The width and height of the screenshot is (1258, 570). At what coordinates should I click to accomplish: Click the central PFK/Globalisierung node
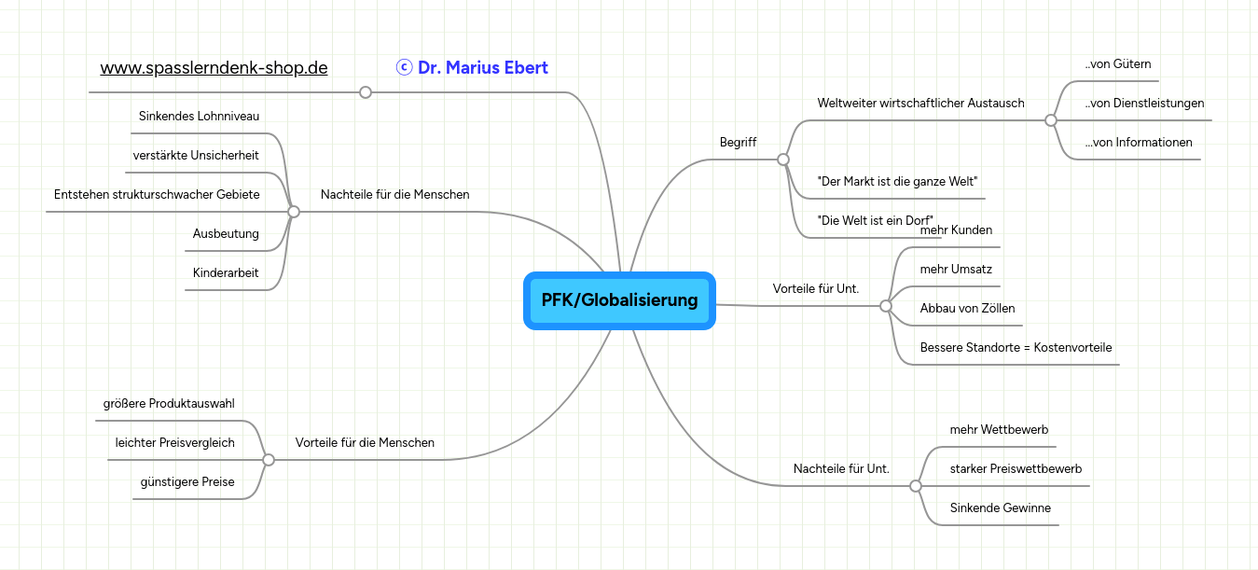tap(619, 300)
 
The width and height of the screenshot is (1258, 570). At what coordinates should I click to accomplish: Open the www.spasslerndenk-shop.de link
tap(214, 68)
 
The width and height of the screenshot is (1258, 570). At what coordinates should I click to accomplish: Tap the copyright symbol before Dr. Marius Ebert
tap(405, 67)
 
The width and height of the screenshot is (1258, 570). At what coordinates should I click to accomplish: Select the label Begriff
tap(738, 142)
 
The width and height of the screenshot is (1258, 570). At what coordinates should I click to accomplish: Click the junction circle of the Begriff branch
tap(783, 160)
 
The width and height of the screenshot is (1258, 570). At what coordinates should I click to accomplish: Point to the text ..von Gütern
tap(1118, 64)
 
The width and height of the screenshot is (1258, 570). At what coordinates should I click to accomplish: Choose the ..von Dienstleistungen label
tap(1144, 104)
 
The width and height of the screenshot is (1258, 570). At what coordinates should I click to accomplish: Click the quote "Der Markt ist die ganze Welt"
tap(897, 181)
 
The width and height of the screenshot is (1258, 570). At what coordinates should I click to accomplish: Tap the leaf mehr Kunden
tap(956, 229)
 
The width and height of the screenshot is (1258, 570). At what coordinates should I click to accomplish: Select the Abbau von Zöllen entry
tap(967, 308)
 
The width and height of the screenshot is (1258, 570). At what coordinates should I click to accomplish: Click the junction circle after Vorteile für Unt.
tap(886, 306)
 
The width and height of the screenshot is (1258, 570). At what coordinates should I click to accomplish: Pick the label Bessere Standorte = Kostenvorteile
tap(1016, 348)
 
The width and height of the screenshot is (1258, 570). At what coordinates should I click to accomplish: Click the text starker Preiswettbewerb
tap(1016, 469)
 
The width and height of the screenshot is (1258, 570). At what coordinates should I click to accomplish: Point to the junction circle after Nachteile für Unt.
tap(916, 486)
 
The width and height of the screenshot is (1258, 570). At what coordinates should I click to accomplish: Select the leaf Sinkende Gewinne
tap(1001, 508)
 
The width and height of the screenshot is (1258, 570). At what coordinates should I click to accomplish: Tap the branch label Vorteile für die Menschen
tap(365, 442)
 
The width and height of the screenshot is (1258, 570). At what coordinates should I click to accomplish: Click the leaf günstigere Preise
tap(187, 481)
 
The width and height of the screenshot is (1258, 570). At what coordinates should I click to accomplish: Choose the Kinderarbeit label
tap(226, 273)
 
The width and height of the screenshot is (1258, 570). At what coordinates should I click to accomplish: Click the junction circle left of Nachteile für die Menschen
tap(294, 212)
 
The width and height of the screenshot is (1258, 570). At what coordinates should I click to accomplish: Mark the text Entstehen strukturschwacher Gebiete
tap(157, 194)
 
